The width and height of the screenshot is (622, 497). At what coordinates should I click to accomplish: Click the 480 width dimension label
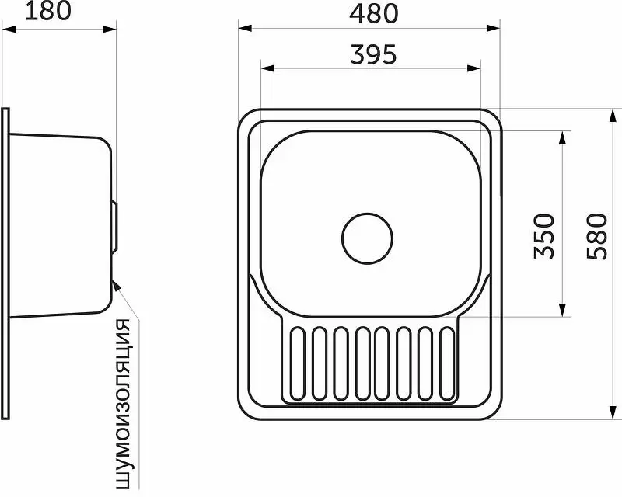(373, 13)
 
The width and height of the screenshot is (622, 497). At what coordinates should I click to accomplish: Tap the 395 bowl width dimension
(373, 54)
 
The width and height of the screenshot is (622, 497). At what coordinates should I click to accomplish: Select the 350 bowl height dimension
(543, 236)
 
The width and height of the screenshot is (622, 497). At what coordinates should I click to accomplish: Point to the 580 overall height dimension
(597, 236)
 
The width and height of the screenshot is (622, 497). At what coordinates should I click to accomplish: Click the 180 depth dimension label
(48, 11)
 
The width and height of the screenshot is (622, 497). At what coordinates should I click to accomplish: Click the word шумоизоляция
(123, 404)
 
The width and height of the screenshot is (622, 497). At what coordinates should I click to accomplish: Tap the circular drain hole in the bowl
(367, 238)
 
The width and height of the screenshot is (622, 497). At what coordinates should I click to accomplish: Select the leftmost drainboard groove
(298, 363)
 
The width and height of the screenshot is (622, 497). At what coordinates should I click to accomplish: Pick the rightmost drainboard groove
(447, 363)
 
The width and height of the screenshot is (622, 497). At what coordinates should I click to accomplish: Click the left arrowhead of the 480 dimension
(245, 28)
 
